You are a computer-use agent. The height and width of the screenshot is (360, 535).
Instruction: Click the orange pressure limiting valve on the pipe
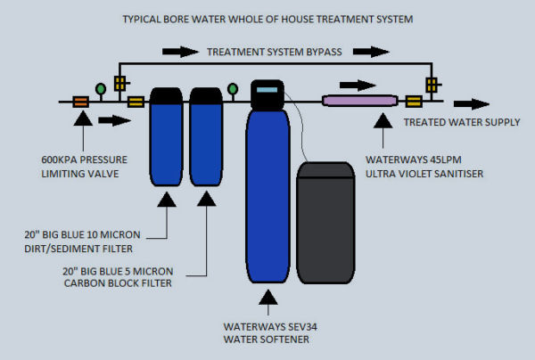80,102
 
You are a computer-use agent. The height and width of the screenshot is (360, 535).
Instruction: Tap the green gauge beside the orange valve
101,87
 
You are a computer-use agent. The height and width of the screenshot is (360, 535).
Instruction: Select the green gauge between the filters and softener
232,88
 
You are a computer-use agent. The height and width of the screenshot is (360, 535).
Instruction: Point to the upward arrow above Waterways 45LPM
385,135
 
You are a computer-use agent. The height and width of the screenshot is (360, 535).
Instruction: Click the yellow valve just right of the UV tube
414,102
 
